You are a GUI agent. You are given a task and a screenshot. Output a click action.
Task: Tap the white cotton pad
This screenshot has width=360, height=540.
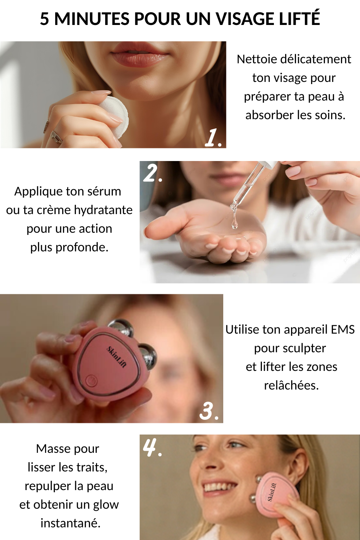114,117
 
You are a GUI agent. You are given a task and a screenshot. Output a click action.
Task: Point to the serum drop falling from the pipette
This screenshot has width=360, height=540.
234,223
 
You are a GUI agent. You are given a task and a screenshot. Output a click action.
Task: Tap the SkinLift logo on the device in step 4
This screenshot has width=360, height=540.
272,492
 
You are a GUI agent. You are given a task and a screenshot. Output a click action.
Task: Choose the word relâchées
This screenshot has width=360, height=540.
291,385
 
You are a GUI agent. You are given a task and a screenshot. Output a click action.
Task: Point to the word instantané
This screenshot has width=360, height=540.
70,523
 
